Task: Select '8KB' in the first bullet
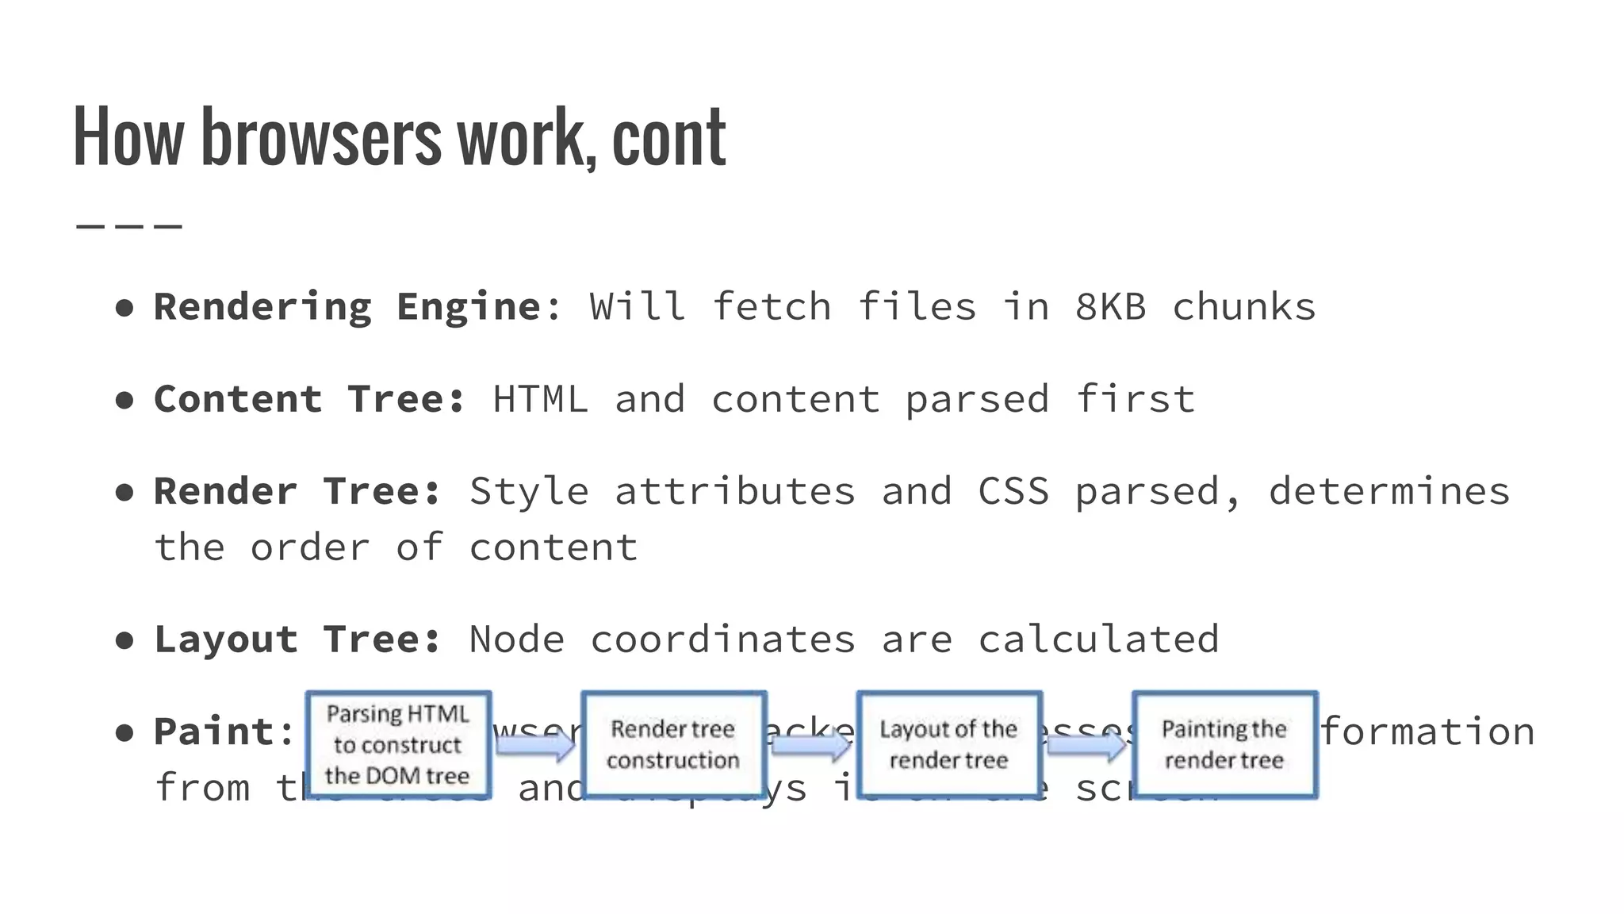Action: point(1110,307)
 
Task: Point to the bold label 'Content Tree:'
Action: point(309,399)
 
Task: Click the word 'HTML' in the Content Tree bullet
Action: point(540,399)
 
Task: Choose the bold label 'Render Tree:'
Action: point(297,491)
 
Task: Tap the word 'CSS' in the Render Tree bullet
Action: point(1013,491)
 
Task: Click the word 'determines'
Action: point(1389,491)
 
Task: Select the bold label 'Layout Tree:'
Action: point(297,639)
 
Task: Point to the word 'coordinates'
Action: point(722,639)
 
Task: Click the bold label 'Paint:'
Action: point(224,732)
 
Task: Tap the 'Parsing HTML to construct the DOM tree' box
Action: point(398,744)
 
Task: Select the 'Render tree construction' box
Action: point(673,744)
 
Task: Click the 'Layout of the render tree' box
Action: point(948,744)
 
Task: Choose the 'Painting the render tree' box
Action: point(1224,744)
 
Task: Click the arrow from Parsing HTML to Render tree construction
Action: point(536,744)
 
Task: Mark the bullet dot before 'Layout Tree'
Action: point(124,640)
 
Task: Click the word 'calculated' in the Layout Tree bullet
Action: point(1098,639)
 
